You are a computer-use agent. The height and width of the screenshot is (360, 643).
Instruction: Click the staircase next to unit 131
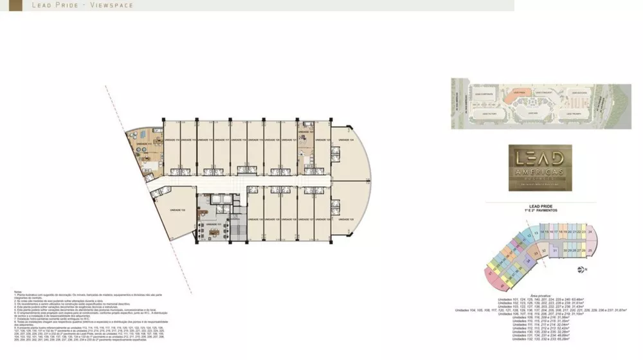pyautogui.click(x=238, y=228)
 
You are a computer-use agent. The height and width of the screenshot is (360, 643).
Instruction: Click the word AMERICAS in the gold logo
pyautogui.click(x=536, y=172)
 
